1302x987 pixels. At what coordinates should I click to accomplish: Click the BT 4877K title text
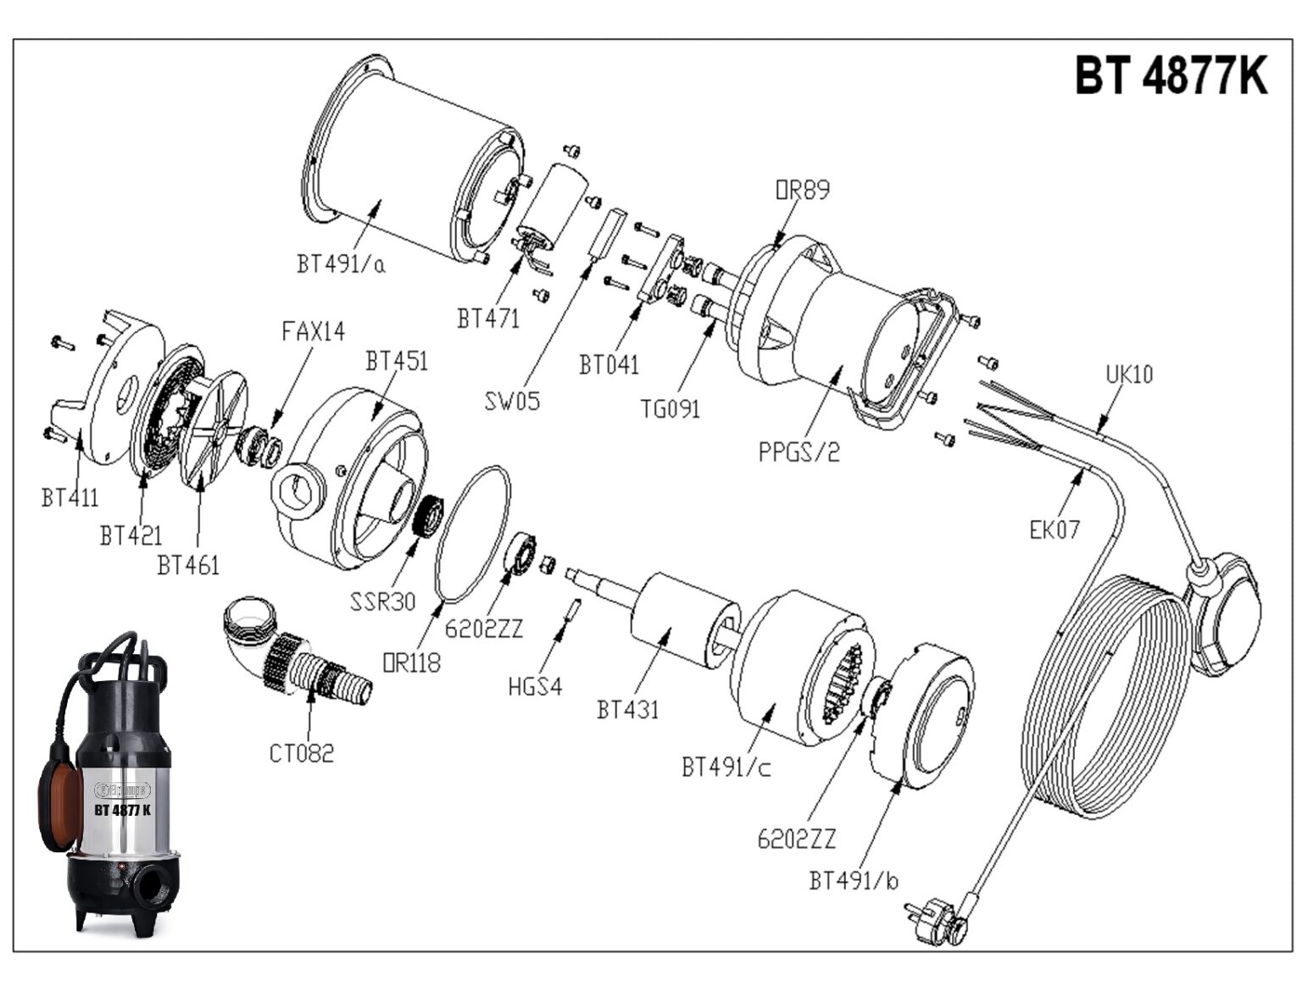coord(1171,75)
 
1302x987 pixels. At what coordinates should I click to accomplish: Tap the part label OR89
coord(802,190)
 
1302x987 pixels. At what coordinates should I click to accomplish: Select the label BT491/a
coord(341,263)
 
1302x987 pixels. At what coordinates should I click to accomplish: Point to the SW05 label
coord(512,401)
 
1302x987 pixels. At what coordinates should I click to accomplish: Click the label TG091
coord(670,409)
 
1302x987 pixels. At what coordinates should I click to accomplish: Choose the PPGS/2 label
coord(798,452)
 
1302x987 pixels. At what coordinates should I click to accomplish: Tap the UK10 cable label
coord(1128,374)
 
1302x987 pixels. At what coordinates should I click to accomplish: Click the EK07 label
coord(1054,530)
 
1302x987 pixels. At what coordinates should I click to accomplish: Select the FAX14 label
coord(313,331)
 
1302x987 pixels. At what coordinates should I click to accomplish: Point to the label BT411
coord(70,497)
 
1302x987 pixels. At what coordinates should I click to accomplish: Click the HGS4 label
coord(535,686)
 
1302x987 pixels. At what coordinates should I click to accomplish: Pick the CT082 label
coord(302,752)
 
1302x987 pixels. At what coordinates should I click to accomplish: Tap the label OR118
coord(412,663)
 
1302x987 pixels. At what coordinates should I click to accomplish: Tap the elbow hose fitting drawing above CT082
coord(292,652)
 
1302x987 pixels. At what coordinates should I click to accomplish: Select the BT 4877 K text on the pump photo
coord(122,810)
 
